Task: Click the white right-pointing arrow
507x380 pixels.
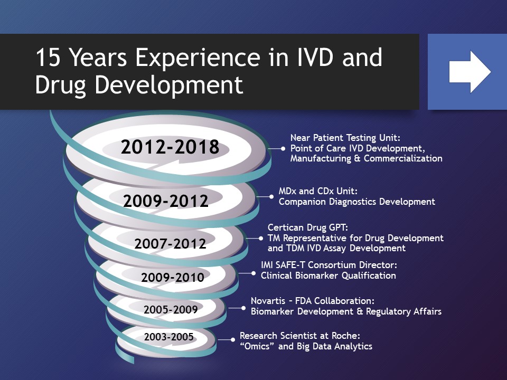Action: [470, 72]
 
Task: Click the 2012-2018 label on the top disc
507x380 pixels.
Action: [170, 147]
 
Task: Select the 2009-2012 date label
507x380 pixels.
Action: [166, 201]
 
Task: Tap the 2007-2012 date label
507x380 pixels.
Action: [170, 244]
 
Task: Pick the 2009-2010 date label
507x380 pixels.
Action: [172, 277]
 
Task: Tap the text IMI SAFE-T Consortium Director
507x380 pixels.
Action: [328, 265]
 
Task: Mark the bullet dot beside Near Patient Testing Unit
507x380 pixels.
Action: [284, 149]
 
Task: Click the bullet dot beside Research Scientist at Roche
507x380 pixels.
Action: [233, 341]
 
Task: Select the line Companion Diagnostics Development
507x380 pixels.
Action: [356, 202]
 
